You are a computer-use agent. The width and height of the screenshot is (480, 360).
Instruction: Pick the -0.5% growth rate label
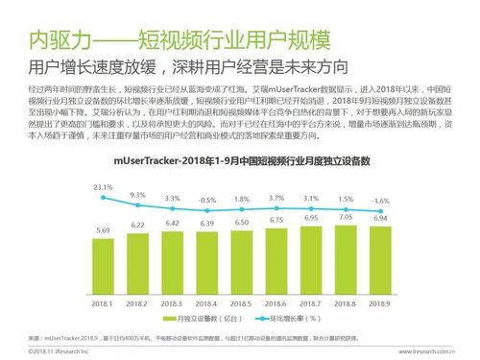207,200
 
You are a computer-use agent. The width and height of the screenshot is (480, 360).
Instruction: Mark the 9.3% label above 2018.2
138,195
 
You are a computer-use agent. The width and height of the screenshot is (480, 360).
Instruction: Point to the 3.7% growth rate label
276,198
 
